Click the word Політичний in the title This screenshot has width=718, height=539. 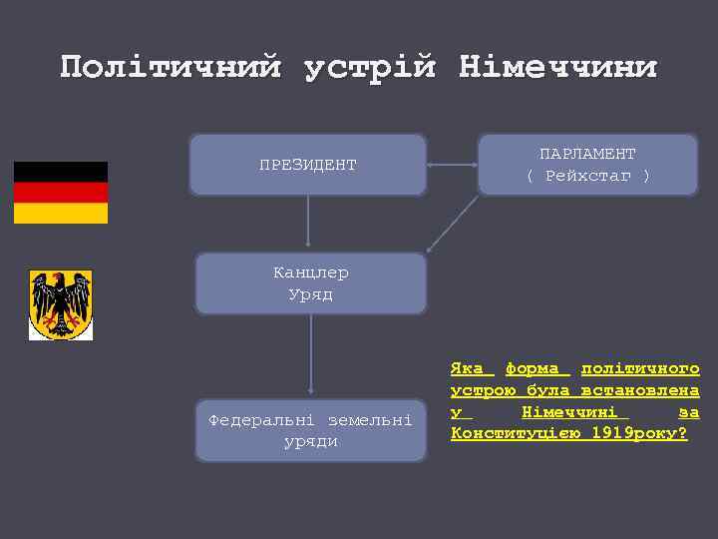pos(171,68)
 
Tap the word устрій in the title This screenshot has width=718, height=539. pos(369,68)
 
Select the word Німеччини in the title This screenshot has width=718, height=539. pos(557,68)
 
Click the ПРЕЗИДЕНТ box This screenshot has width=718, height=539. pos(307,165)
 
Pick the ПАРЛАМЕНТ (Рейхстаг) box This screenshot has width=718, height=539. pos(587,165)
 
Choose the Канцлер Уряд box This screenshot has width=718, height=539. pos(310,283)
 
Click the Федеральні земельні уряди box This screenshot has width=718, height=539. pos(310,430)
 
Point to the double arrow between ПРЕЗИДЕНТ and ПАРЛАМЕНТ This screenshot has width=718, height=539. pos(453,165)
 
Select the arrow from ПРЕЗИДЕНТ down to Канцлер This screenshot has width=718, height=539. pos(308,222)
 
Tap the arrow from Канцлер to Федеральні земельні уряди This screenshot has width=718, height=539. pos(310,355)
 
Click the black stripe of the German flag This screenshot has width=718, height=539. pos(60,172)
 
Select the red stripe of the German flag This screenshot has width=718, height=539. pos(60,193)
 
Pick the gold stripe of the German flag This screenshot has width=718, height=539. pos(60,214)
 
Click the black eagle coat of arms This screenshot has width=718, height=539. pos(61,304)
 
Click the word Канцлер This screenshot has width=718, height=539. pos(310,272)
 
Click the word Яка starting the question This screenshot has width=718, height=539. pos(467,368)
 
